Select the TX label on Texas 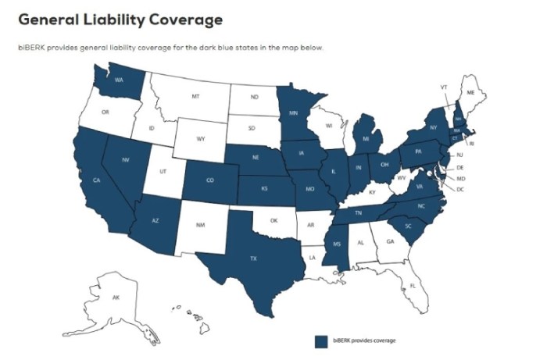pos(252,256)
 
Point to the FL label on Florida pos(413,286)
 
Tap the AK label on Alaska pos(116,298)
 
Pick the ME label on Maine pos(470,92)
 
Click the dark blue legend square pos(320,341)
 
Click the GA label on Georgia pos(389,242)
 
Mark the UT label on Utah pos(163,170)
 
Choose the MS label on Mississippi pos(337,244)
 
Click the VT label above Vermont pos(443,86)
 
